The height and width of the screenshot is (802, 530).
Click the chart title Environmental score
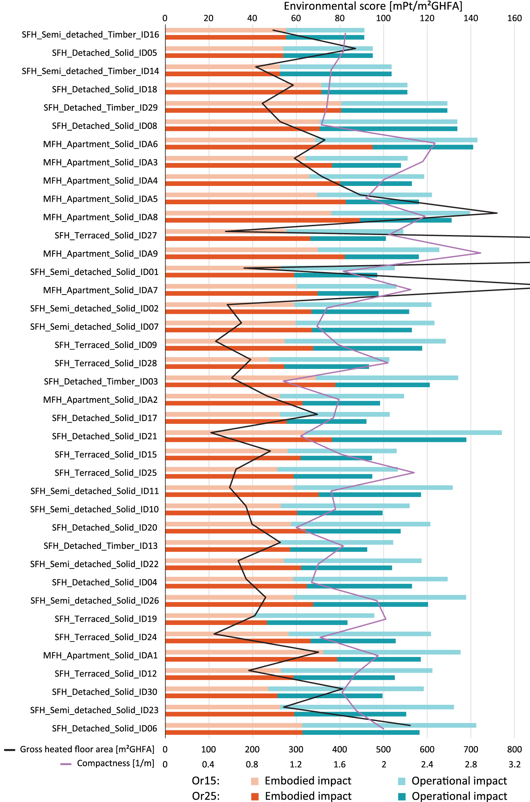373,6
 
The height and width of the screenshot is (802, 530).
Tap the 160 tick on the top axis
514,18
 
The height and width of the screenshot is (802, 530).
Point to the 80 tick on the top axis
339,18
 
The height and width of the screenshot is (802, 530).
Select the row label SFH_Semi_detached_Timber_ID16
90,35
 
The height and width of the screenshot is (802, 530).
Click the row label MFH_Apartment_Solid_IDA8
100,217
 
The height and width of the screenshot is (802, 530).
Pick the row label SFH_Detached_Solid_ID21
104,436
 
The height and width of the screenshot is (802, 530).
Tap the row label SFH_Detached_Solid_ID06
104,729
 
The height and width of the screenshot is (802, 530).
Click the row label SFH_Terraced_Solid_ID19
106,619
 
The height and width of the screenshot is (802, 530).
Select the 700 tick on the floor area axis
470,750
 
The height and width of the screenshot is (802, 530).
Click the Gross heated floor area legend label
87,750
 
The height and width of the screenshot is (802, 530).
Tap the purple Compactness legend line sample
65,764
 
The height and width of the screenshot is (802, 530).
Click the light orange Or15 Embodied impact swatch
255,781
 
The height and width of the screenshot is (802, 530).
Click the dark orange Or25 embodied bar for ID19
216,623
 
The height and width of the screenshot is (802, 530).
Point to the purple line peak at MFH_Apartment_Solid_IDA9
481,253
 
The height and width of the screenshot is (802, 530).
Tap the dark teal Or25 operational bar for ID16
325,38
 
